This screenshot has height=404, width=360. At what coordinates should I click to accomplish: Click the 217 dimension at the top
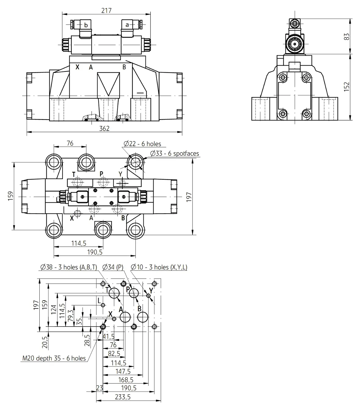point(106,10)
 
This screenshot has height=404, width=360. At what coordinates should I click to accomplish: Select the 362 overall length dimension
point(104,129)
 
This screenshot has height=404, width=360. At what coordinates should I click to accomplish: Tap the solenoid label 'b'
point(86,25)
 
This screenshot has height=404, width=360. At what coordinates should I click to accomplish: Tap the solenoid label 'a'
point(127,25)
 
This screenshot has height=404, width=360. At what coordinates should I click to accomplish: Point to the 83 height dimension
point(347,37)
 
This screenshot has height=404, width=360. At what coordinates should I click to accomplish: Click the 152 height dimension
point(347,87)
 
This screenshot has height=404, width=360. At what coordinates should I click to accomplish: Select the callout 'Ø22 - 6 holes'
point(142,144)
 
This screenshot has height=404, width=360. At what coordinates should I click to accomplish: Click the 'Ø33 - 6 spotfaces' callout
point(175,153)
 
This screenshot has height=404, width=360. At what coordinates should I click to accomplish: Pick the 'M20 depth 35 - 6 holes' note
point(54,358)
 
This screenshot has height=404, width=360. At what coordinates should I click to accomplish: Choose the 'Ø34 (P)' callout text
point(113,267)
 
